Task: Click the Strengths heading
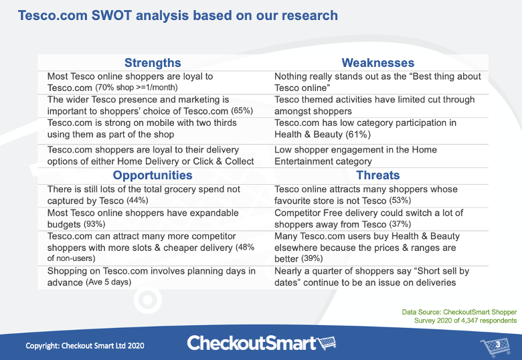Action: point(152,63)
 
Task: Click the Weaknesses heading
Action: point(377,63)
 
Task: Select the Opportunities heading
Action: point(152,175)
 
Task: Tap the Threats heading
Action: point(377,175)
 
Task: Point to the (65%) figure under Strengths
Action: point(242,111)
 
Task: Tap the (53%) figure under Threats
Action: point(398,201)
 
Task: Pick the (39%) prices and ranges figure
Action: point(311,259)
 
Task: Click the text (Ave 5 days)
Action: point(108,282)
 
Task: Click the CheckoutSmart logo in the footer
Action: point(261,343)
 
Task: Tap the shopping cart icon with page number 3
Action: point(493,345)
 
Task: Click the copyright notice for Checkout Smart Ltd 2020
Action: point(85,345)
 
